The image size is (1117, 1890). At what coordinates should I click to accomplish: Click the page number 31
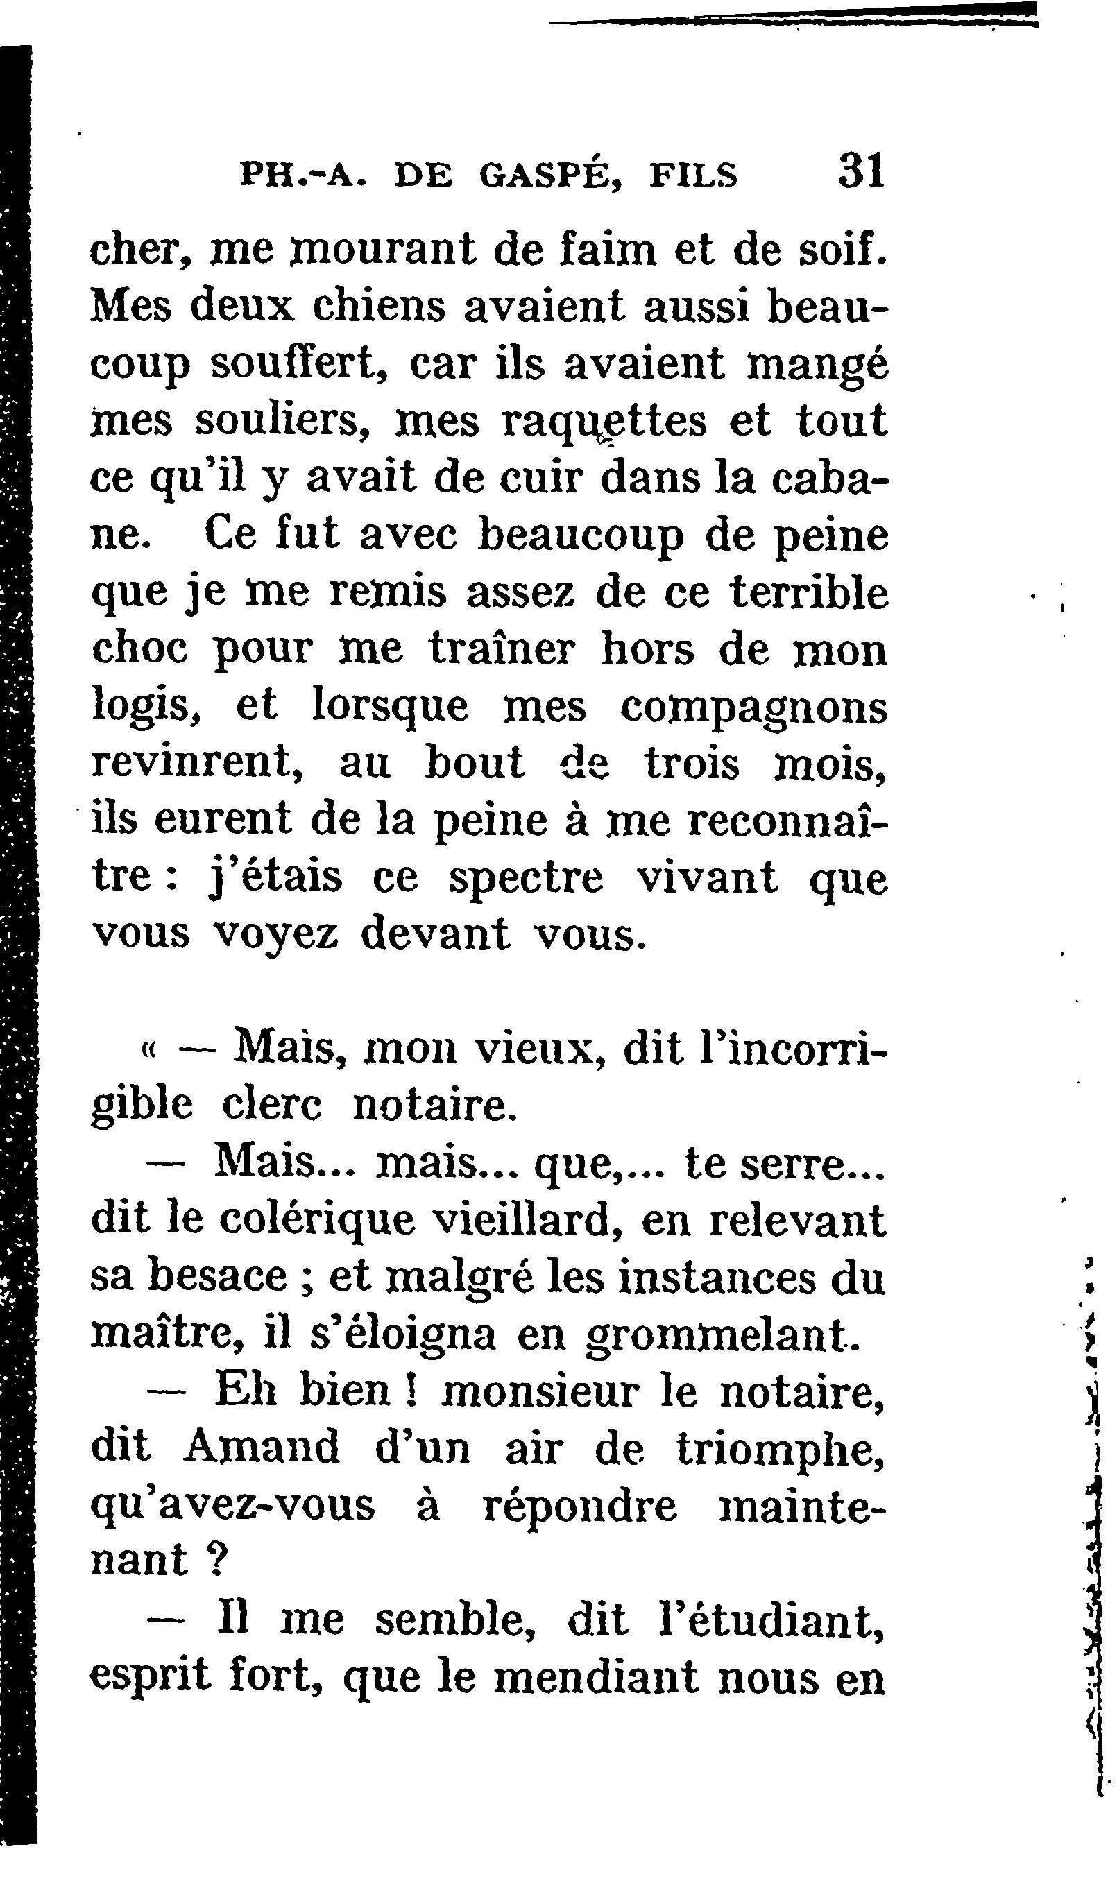[x=860, y=171]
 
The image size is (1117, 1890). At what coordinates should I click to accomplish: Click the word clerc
[x=273, y=1106]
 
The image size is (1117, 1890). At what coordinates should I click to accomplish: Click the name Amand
[x=261, y=1447]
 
